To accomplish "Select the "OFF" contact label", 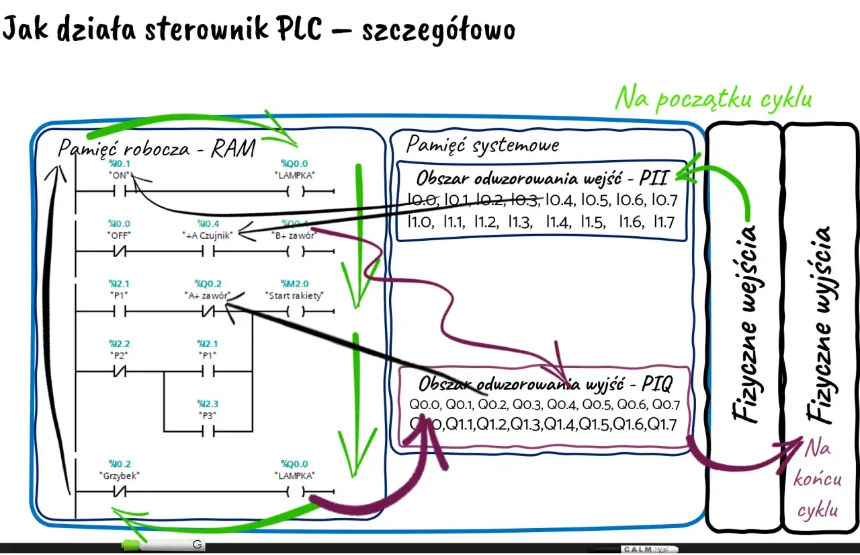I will point(119,235).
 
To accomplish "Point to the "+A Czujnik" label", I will point(208,235).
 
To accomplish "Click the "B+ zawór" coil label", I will point(295,235).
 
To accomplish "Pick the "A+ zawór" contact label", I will point(207,295).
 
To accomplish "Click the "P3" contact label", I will point(207,415).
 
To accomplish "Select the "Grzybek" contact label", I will point(119,475).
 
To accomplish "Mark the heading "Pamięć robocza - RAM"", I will point(156,148).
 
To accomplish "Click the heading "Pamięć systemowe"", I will point(482,144).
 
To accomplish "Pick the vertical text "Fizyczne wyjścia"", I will point(821,323).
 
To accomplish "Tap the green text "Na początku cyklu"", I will point(714,99).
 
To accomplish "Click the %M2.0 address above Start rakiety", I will point(296,284).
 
